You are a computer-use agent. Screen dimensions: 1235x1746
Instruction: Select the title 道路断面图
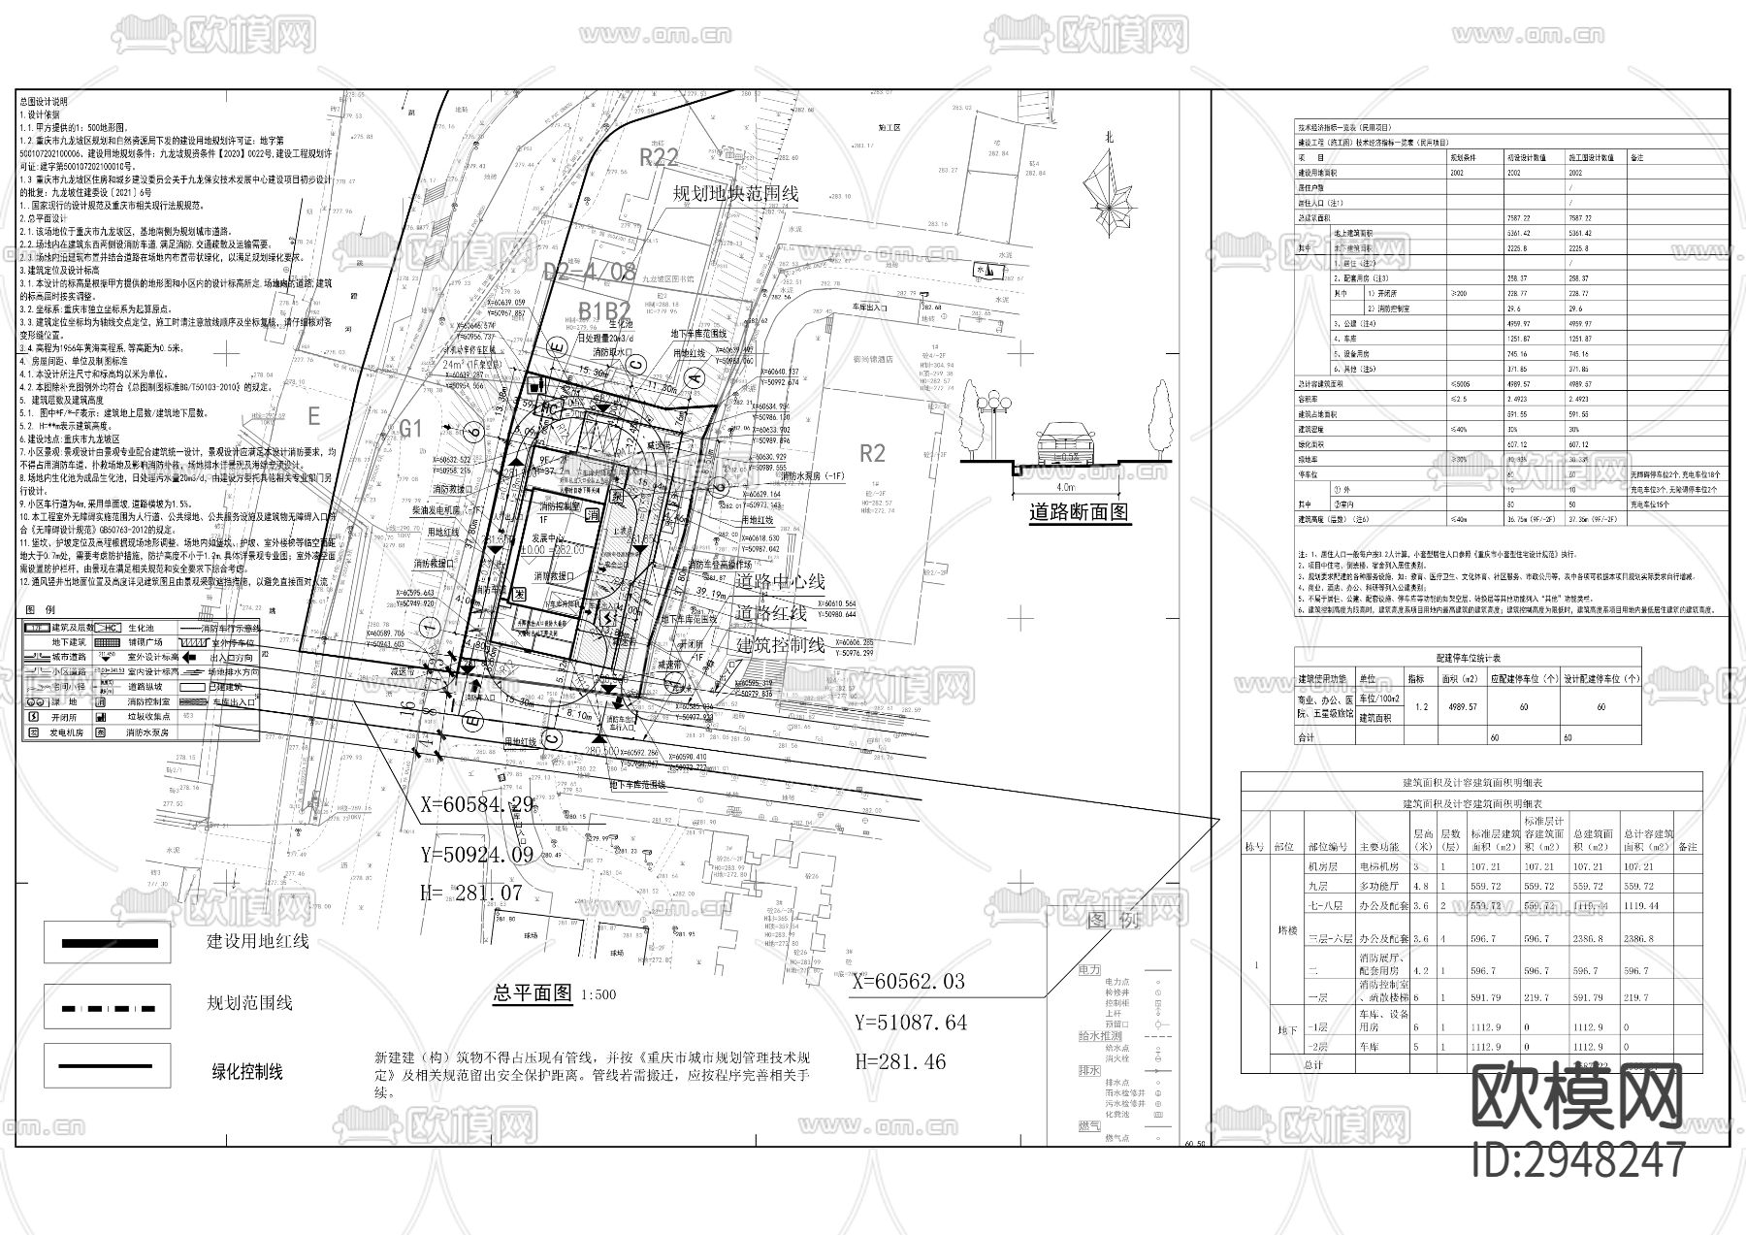click(x=1080, y=513)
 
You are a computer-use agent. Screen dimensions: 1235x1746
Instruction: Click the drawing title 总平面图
click(x=533, y=992)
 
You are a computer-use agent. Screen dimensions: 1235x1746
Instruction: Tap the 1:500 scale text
click(x=598, y=994)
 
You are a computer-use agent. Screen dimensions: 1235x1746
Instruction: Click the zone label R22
click(x=659, y=157)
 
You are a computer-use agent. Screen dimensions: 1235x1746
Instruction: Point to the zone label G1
click(x=411, y=428)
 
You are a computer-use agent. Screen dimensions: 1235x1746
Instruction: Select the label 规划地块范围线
click(x=736, y=193)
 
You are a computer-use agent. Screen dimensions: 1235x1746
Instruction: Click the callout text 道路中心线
click(x=780, y=581)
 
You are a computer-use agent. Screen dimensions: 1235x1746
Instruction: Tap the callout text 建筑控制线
click(x=780, y=644)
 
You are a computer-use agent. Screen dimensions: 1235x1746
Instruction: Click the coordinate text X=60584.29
click(x=477, y=804)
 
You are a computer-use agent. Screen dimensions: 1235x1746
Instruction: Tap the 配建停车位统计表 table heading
click(x=1469, y=657)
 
